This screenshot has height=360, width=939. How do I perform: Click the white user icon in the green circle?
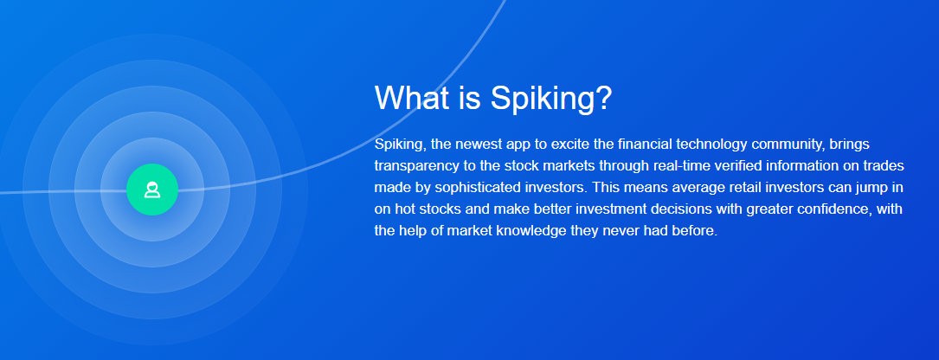pos(152,190)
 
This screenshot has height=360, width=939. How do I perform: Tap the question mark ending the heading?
pos(603,97)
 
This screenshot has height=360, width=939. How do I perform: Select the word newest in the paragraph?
pos(485,145)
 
